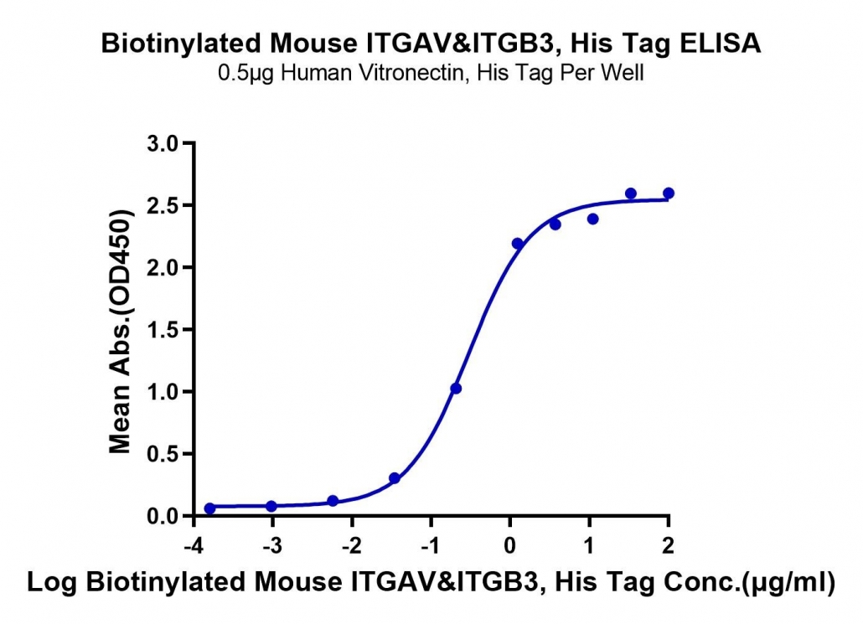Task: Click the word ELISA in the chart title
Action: point(720,43)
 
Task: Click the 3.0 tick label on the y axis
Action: point(163,143)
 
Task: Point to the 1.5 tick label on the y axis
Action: point(163,330)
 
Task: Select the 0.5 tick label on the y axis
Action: point(163,454)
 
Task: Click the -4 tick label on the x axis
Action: point(194,545)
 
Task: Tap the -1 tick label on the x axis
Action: point(431,545)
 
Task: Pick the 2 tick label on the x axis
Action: point(668,545)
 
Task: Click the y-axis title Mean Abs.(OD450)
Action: point(121,332)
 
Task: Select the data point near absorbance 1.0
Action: point(456,389)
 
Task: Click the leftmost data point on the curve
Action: point(209,508)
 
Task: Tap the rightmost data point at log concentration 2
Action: point(669,193)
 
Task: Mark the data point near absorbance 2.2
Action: point(517,244)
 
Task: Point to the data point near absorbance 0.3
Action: point(394,478)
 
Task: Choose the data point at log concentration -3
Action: point(271,506)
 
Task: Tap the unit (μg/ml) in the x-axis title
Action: point(788,583)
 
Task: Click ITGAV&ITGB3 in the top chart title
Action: point(461,43)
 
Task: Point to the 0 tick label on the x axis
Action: point(510,545)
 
